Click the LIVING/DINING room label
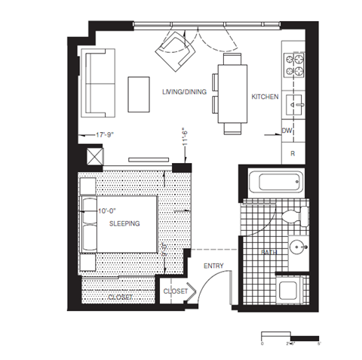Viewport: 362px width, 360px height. click(183, 91)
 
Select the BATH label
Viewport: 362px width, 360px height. click(268, 252)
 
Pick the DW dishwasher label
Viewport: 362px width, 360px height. click(287, 131)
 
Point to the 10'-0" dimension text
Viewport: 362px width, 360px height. click(109, 211)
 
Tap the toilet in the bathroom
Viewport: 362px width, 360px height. click(289, 217)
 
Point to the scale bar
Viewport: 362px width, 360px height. click(290, 334)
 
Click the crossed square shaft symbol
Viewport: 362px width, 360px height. click(96, 157)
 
